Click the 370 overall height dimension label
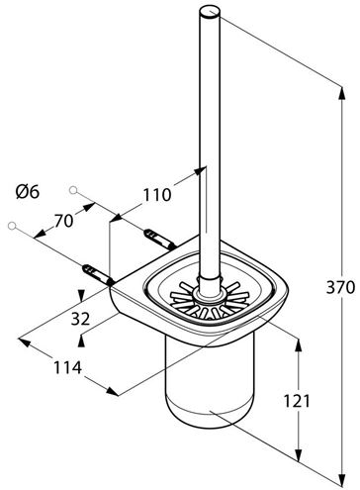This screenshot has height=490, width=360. coord(340,287)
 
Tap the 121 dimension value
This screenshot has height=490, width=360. coord(297,401)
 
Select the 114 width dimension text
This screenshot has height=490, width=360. coord(67,367)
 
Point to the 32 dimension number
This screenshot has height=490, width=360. coord(81,319)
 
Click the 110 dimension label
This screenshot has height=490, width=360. coord(157,195)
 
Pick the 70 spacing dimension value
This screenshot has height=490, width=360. coord(63,221)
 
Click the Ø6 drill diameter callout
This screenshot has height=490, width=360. coord(28,191)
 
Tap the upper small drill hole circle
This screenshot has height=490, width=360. coord(73,190)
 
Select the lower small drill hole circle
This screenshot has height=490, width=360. coord(12,226)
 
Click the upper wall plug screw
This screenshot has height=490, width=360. coord(159,240)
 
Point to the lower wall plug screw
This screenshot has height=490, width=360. coord(98,274)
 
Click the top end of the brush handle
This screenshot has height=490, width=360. coord(210,13)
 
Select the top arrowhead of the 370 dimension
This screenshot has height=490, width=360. coord(342,95)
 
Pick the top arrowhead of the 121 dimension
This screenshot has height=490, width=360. coord(298,346)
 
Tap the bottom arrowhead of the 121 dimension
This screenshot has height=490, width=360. coord(298,452)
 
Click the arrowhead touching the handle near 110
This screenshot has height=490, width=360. coord(201,170)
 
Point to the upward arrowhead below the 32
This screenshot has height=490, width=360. coord(81,341)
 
